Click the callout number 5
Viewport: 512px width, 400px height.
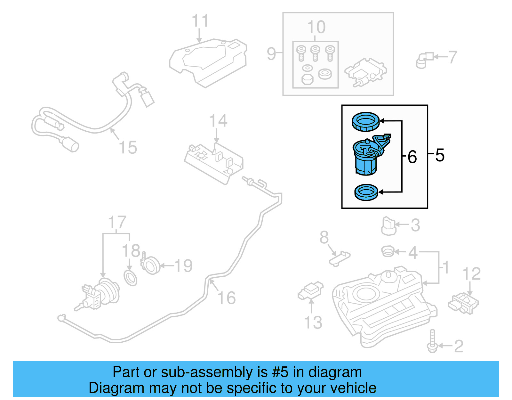[x=440, y=155]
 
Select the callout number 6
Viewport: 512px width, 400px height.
[x=412, y=157]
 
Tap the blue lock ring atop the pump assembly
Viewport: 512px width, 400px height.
[x=365, y=122]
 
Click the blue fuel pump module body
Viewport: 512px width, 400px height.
[x=366, y=159]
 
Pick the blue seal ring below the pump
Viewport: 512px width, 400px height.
[x=366, y=192]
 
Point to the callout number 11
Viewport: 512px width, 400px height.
[x=200, y=21]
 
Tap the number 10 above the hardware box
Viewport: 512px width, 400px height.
[x=316, y=27]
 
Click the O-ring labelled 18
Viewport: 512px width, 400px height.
[x=130, y=278]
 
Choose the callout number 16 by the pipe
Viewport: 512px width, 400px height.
[x=227, y=298]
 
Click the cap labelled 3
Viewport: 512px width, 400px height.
[x=388, y=226]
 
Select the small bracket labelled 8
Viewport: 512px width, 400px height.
[x=340, y=258]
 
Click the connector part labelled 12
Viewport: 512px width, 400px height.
[x=463, y=303]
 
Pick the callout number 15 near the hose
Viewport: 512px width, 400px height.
[x=128, y=147]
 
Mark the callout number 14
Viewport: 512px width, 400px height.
[x=218, y=121]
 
